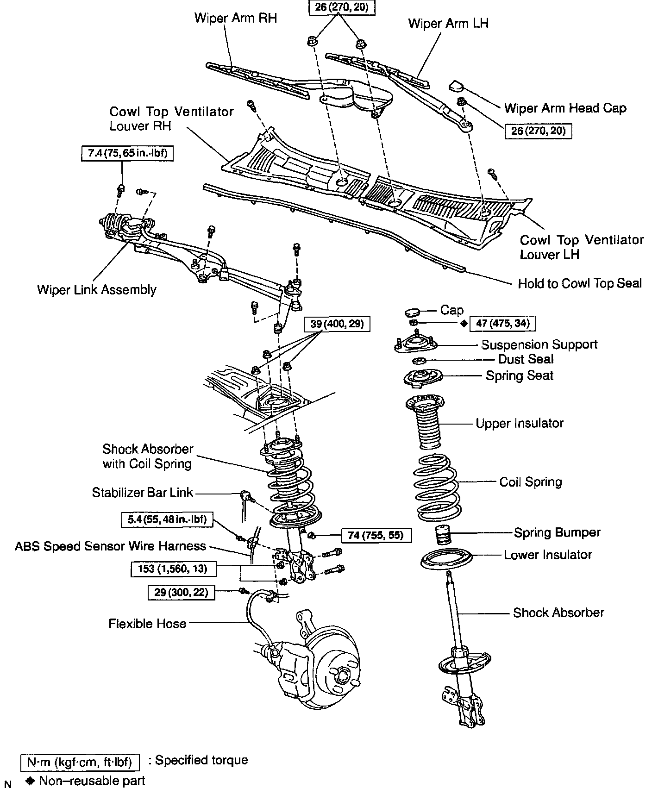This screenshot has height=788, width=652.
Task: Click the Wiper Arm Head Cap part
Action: point(457,86)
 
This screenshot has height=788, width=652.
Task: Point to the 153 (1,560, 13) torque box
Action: point(173,569)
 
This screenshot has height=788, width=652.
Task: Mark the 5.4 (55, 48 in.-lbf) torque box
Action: point(167,519)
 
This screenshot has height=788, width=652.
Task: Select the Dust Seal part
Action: point(420,361)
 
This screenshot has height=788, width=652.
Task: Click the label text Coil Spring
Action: point(530,482)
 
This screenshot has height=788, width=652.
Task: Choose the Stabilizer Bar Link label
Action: point(142,492)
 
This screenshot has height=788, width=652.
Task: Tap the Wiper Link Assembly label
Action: point(97,290)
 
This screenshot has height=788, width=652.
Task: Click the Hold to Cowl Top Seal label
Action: point(580,283)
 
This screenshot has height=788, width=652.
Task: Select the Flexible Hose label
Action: point(147,624)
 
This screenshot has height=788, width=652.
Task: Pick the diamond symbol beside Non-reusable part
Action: point(31,781)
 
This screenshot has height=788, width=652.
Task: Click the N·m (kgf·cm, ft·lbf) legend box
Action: point(80,762)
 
